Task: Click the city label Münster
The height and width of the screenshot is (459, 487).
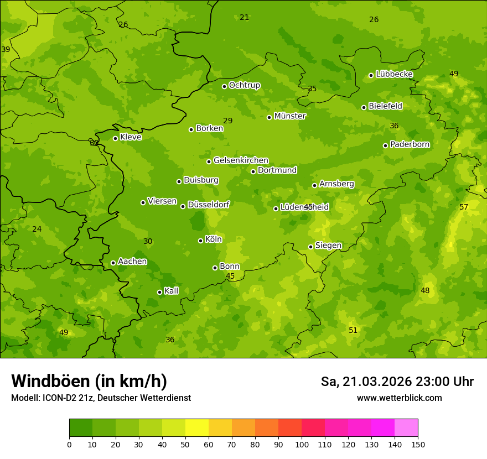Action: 289,116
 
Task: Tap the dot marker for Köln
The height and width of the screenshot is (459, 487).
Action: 200,241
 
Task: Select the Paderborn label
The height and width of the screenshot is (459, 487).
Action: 410,144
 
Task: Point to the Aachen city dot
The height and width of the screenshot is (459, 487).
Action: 113,263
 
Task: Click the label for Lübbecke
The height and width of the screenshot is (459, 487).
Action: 394,74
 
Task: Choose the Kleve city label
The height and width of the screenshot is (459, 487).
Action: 131,137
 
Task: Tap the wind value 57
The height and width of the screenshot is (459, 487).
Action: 464,207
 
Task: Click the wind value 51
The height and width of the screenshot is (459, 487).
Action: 353,330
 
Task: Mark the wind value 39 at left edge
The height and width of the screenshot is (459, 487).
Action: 6,49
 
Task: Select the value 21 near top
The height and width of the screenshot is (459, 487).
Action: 244,17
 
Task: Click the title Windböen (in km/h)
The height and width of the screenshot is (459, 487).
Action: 89,381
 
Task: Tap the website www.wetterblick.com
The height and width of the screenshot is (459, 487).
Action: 399,398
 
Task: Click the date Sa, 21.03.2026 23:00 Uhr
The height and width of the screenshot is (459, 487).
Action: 397,382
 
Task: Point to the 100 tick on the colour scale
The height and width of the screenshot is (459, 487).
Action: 302,444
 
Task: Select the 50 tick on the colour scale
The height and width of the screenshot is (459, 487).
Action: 185,444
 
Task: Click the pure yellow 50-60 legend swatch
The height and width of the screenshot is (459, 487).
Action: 197,428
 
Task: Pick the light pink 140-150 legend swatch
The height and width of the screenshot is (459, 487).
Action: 406,428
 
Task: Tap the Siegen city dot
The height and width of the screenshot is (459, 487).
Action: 310,247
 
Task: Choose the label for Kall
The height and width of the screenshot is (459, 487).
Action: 172,291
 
